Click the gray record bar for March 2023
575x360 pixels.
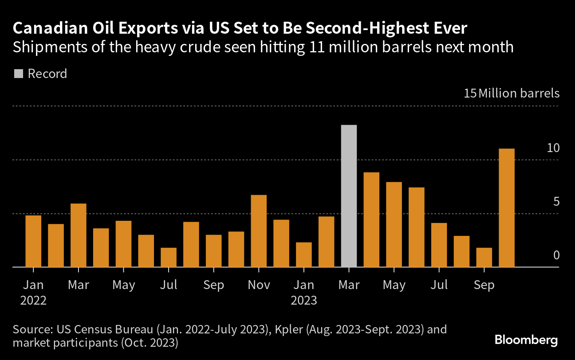(349, 196)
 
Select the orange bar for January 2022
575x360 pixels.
(33, 241)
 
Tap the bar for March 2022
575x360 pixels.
(79, 235)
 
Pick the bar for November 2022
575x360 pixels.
(259, 231)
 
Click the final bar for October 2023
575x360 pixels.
(507, 208)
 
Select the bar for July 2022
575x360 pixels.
(169, 258)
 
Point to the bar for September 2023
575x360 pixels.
(484, 258)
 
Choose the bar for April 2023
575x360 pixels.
(371, 220)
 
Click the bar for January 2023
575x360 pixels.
(304, 255)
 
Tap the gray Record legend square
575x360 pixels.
(18, 74)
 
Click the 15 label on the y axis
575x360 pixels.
(470, 94)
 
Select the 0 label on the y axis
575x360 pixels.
(556, 255)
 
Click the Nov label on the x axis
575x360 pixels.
(259, 285)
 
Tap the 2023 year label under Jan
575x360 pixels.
(304, 300)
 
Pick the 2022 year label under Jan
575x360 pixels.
(33, 300)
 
